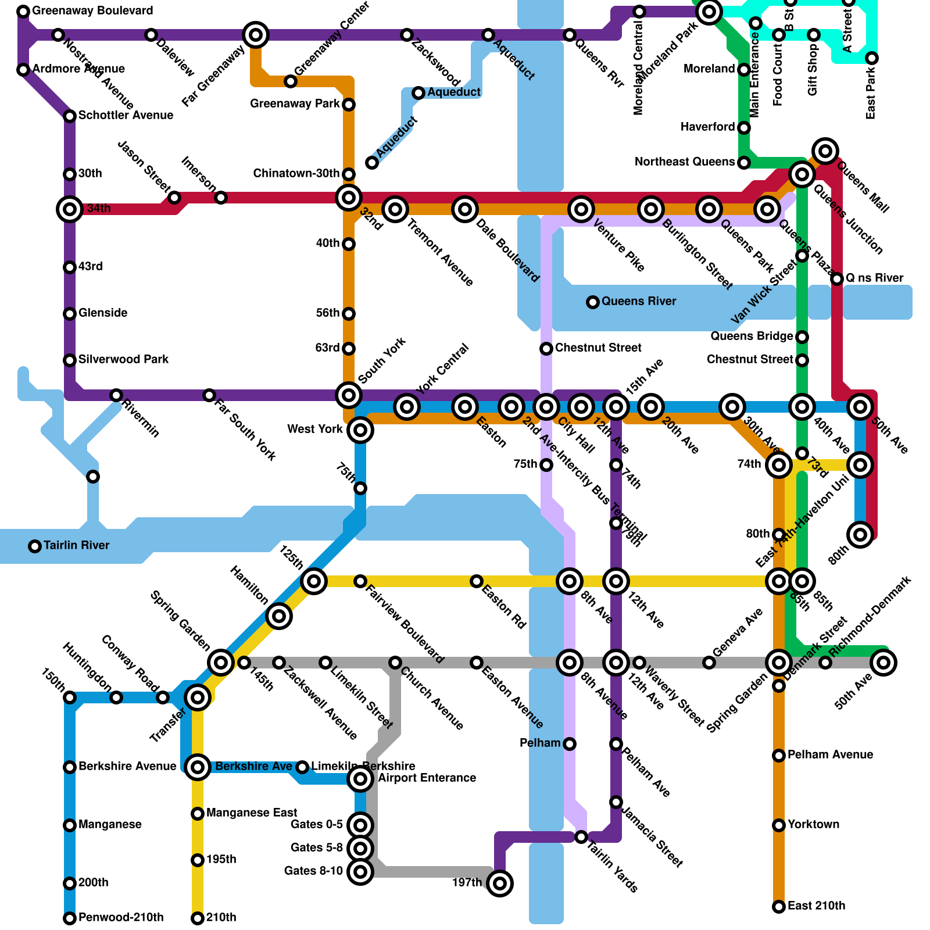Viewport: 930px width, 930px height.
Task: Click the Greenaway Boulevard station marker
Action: point(23,12)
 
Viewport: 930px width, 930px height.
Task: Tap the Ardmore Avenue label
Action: point(78,69)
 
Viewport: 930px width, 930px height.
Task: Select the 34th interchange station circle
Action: point(70,209)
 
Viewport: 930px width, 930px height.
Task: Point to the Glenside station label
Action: point(103,313)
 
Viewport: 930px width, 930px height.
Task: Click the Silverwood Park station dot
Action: point(70,360)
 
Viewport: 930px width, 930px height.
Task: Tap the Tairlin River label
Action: point(76,546)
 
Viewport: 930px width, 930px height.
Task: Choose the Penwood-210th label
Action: point(121,918)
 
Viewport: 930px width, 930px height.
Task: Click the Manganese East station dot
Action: point(198,814)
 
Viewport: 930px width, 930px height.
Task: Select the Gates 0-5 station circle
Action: point(360,825)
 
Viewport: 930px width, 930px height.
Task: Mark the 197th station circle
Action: point(500,884)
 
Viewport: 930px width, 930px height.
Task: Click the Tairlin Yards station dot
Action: point(581,837)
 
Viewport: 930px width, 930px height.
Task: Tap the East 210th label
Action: point(816,906)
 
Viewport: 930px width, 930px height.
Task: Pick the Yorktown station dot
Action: point(779,825)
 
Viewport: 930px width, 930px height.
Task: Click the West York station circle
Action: point(360,430)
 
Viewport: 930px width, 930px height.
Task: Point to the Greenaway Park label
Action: point(295,104)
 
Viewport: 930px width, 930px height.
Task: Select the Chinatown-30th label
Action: point(296,174)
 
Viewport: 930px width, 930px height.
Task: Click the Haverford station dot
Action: point(744,128)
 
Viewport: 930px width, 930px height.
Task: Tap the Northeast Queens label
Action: point(685,162)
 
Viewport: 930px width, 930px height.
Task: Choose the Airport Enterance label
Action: point(427,778)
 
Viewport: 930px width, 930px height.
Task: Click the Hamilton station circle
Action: point(279,616)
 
